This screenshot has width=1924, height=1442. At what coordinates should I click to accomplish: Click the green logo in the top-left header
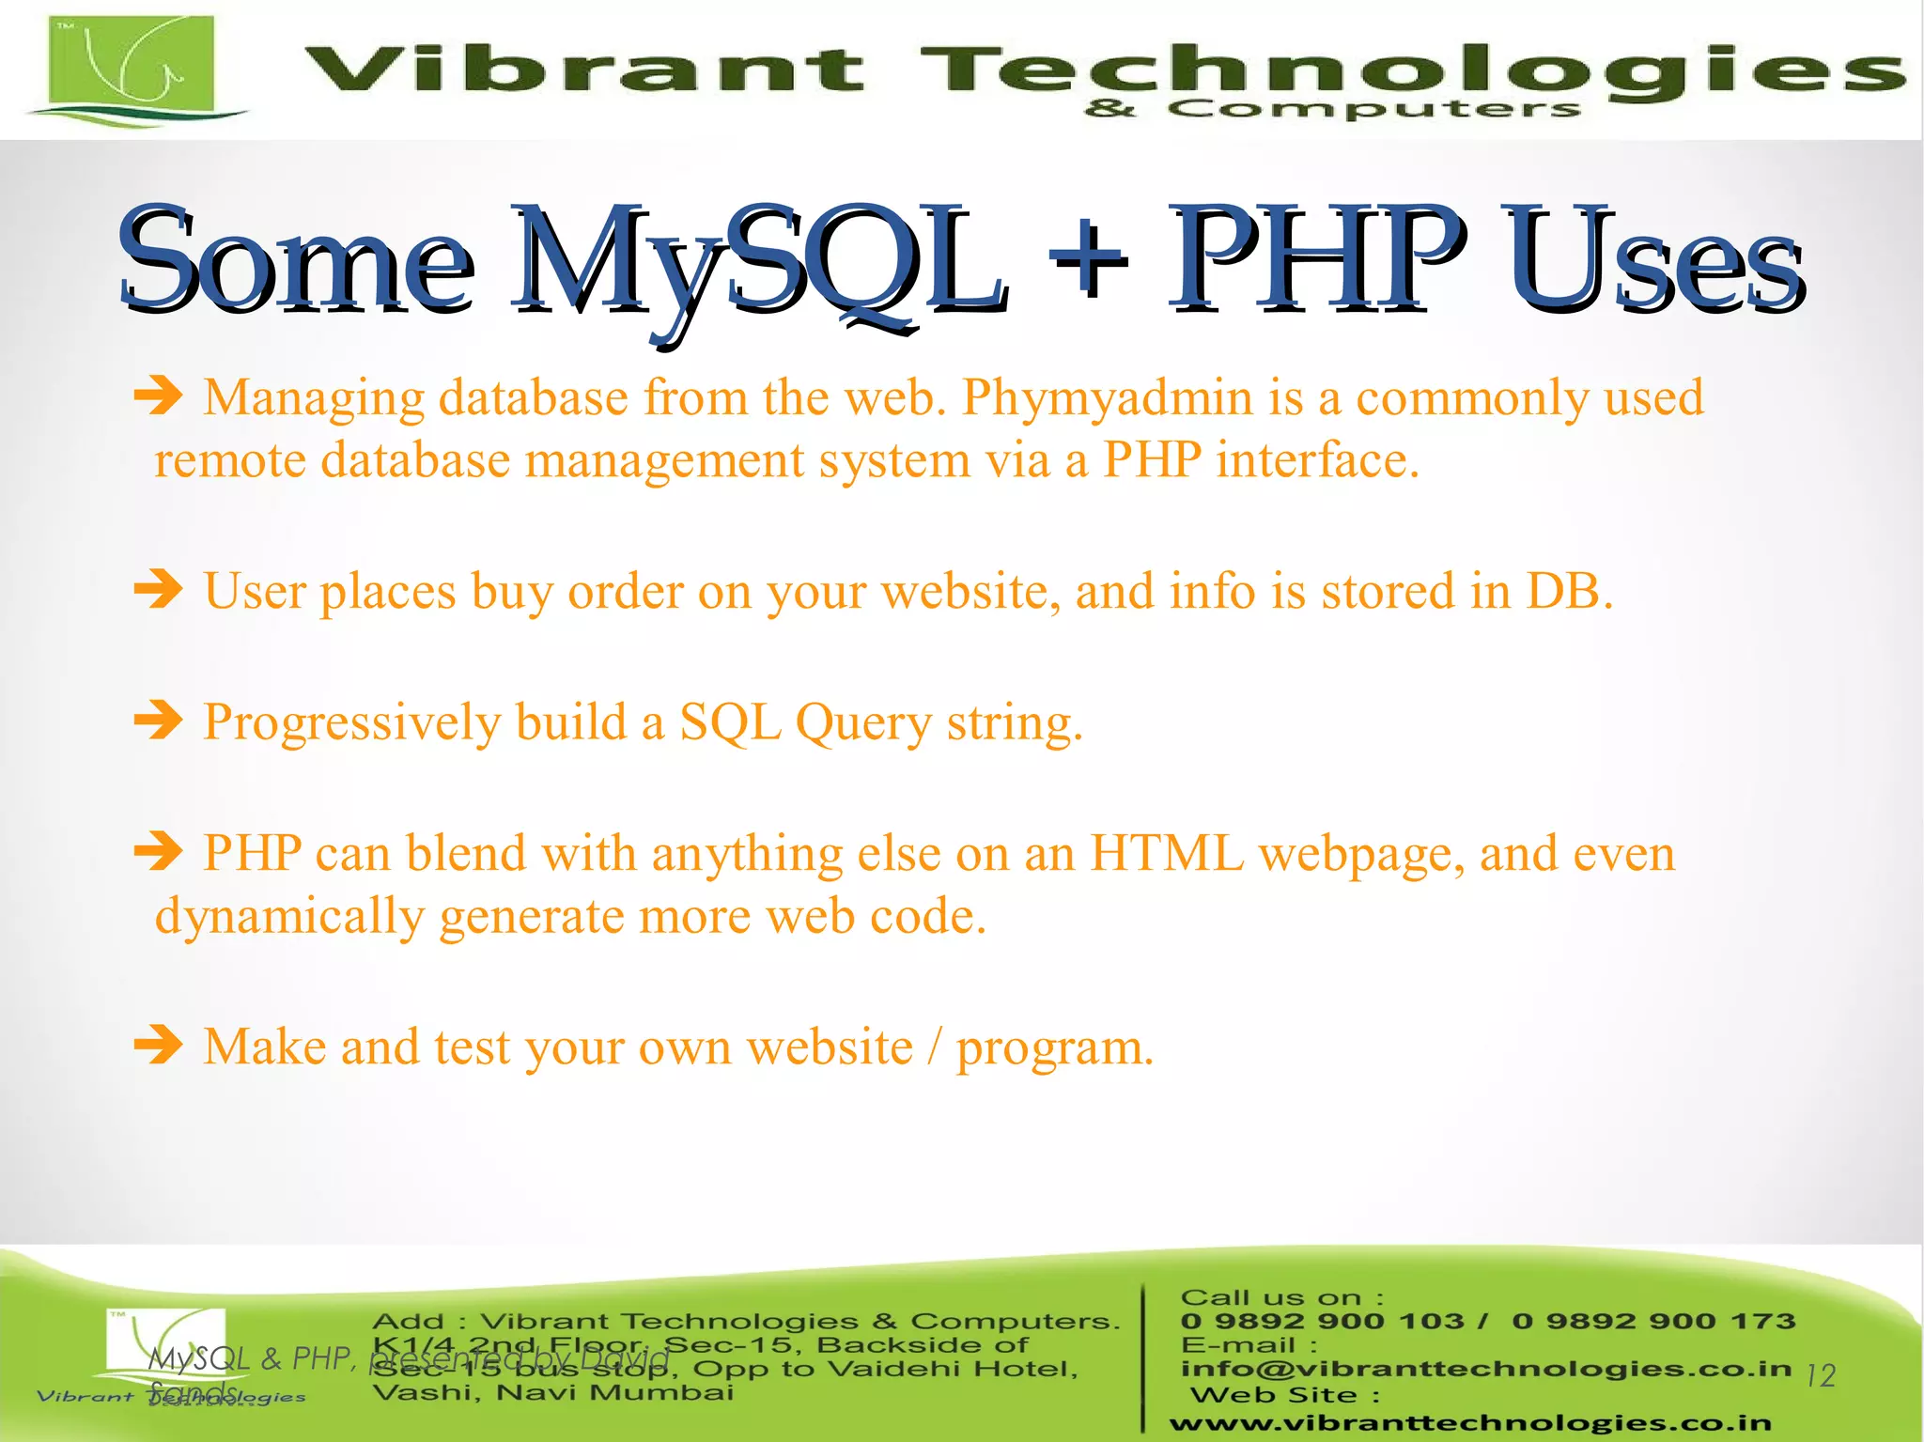132,68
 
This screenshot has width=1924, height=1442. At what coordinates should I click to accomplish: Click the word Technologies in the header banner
1409,70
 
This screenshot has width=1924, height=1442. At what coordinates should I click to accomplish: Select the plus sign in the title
1087,258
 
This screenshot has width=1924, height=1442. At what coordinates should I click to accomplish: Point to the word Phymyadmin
1108,398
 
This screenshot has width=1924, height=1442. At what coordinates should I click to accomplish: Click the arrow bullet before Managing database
158,396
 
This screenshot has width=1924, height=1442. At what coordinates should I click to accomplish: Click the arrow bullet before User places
158,591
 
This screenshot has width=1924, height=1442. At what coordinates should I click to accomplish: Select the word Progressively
352,724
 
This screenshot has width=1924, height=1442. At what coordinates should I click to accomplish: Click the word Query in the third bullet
863,724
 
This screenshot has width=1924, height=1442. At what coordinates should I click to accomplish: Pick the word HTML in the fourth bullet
1166,854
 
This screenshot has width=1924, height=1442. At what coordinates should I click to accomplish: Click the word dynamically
289,917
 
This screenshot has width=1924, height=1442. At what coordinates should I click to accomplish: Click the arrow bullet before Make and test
158,1046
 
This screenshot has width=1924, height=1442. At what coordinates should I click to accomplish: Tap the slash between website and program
934,1047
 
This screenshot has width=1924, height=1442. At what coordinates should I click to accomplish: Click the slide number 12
1821,1376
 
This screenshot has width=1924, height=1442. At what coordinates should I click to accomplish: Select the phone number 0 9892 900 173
1653,1322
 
